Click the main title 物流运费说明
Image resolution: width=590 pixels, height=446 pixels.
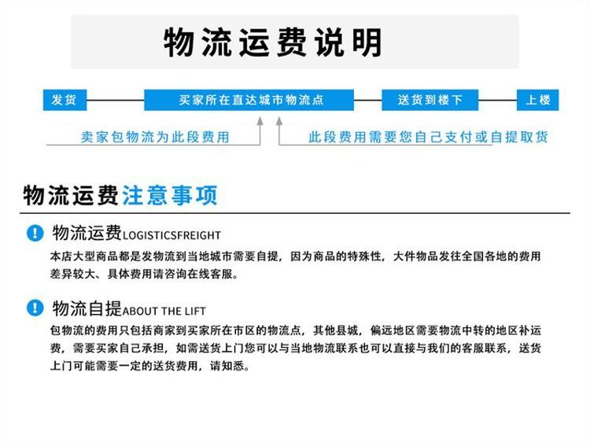273,42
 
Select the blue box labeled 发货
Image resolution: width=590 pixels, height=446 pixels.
65,100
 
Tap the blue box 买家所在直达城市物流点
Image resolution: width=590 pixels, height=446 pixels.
249,100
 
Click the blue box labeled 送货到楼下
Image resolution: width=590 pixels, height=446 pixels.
430,100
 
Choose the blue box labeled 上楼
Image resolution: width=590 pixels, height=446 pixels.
537,100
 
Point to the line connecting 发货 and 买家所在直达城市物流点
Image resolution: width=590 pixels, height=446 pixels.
115,100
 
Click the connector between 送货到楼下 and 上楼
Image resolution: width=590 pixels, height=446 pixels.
497,100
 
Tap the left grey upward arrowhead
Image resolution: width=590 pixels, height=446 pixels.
260,121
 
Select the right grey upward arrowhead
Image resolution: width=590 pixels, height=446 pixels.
278,121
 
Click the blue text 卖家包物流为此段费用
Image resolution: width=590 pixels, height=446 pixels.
155,137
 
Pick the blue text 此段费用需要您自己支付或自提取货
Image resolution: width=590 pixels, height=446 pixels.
428,137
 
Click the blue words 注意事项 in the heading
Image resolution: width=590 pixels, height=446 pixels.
170,195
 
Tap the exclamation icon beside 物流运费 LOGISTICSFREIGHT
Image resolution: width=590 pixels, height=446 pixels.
35,233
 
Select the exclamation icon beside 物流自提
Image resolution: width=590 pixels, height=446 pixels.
35,308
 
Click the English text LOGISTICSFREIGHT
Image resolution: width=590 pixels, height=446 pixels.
171,236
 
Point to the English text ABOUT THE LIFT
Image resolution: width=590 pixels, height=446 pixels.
164,311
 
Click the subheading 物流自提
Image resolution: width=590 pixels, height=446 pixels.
87,308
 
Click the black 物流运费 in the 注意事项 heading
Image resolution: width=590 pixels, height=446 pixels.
71,195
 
